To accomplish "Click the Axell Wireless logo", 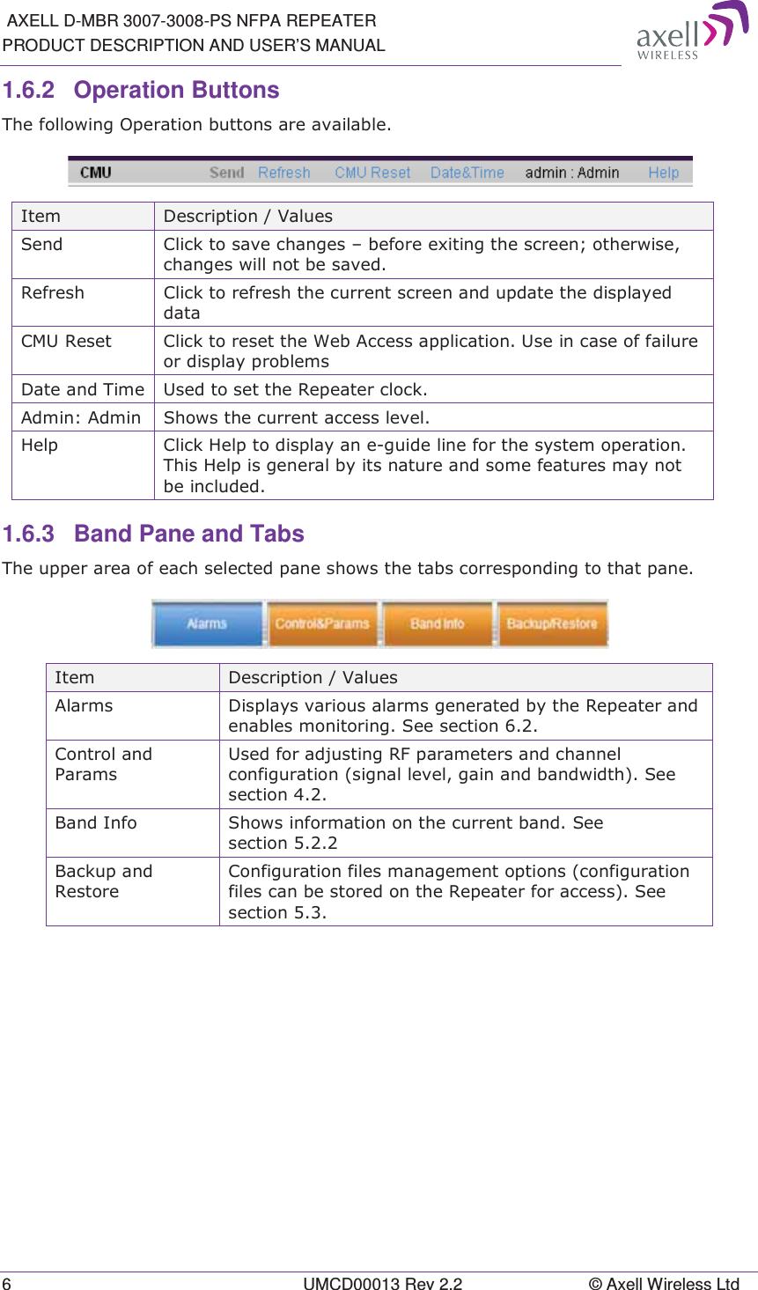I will pyautogui.click(x=691, y=32).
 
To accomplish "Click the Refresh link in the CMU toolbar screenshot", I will pyautogui.click(x=283, y=173).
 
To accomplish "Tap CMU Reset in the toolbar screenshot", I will pyautogui.click(x=372, y=173).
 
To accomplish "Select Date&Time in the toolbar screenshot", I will pyautogui.click(x=467, y=173).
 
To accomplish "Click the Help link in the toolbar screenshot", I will pyautogui.click(x=663, y=173).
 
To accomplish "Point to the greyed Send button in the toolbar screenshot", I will pyautogui.click(x=226, y=173).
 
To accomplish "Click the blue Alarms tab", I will pyautogui.click(x=208, y=623).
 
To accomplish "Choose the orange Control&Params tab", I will pyautogui.click(x=322, y=623).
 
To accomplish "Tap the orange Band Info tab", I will pyautogui.click(x=437, y=623).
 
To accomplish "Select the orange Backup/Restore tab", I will pyautogui.click(x=552, y=623).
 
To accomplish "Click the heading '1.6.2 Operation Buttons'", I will pyautogui.click(x=141, y=90).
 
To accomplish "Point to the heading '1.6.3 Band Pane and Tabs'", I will pyautogui.click(x=153, y=534).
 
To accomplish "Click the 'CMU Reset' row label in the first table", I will pyautogui.click(x=67, y=342).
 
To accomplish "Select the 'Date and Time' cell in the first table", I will pyautogui.click(x=83, y=389).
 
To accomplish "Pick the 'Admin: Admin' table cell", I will pyautogui.click(x=81, y=417).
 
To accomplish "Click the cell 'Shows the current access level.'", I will pyautogui.click(x=297, y=417).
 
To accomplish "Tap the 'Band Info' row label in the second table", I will pyautogui.click(x=96, y=822).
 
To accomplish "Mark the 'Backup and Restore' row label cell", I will pyautogui.click(x=104, y=881).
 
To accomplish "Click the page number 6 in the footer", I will pyautogui.click(x=7, y=1283).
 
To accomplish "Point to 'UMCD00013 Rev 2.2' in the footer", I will pyautogui.click(x=382, y=1283).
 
